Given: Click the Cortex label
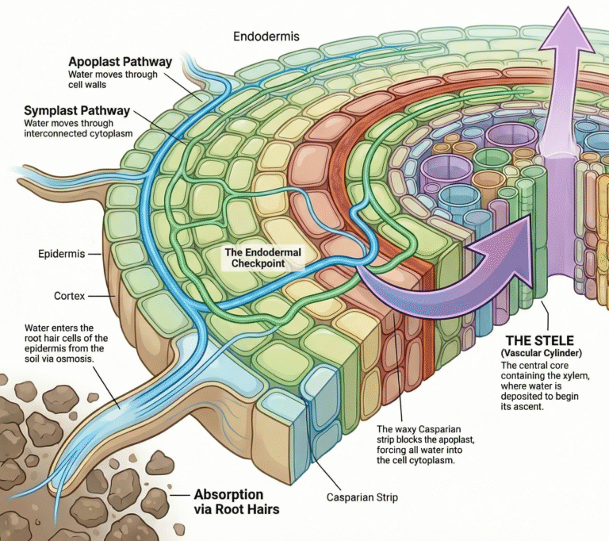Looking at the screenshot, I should coord(68,295).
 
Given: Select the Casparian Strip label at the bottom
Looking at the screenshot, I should coord(363,497).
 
